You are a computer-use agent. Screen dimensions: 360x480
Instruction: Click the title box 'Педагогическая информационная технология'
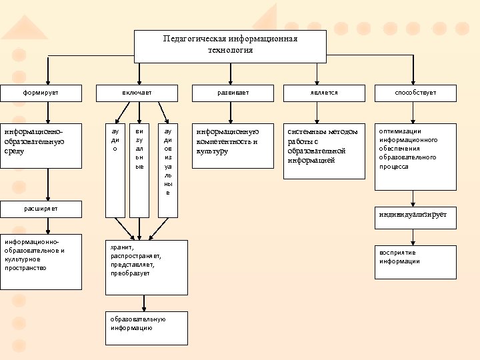point(230,45)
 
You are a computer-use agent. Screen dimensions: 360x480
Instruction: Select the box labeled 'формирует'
point(41,93)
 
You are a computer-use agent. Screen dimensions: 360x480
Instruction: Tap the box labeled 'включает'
point(137,93)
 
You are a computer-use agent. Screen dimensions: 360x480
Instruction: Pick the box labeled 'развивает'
point(233,93)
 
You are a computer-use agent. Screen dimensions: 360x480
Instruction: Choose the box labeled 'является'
point(324,93)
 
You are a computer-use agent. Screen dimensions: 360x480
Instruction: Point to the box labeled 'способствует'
point(415,93)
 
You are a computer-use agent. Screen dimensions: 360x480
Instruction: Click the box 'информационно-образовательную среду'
point(41,145)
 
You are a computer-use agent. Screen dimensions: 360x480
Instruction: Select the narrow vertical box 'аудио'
point(115,170)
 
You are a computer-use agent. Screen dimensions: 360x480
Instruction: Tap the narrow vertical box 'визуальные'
point(139,170)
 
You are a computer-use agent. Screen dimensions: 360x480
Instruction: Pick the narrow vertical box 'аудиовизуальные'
point(167,170)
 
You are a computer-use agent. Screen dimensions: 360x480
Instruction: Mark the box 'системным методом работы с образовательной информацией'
point(324,151)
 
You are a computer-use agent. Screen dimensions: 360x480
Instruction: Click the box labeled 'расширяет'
point(41,209)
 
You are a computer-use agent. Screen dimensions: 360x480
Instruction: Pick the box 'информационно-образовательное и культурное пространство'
point(41,261)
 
